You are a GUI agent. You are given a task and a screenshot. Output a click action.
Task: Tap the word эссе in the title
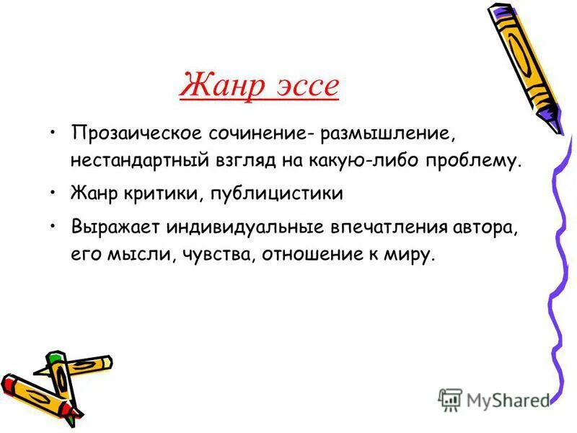pyautogui.click(x=305, y=86)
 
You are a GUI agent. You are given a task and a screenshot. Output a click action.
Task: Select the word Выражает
pyautogui.click(x=115, y=229)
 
